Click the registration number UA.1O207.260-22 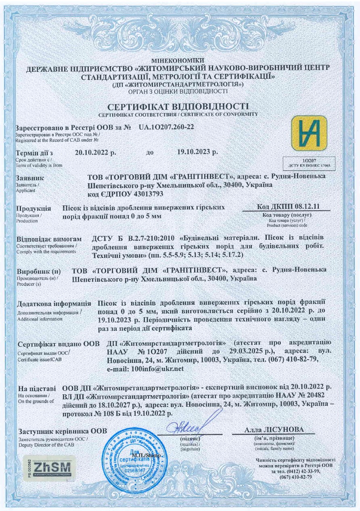pos(166,127)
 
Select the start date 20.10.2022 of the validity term pos(95,153)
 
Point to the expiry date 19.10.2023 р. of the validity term pos(197,152)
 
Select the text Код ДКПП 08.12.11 pos(288,207)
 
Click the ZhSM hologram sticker pos(48,467)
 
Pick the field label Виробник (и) pos(38,271)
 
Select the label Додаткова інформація pos(54,304)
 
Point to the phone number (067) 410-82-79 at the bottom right pos(295,477)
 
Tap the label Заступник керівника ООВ pos(63,431)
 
